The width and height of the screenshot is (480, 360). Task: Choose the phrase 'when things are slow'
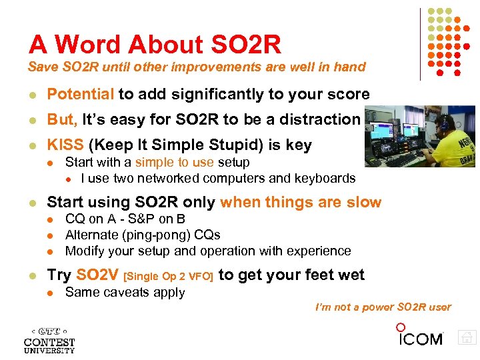click(x=301, y=203)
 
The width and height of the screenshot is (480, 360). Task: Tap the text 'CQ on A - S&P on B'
click(x=125, y=219)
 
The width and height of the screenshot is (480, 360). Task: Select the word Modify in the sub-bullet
click(x=84, y=251)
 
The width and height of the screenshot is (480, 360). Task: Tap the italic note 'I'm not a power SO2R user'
click(x=383, y=307)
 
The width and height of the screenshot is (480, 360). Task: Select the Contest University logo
click(x=49, y=339)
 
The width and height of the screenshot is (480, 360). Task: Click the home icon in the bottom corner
click(x=467, y=337)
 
